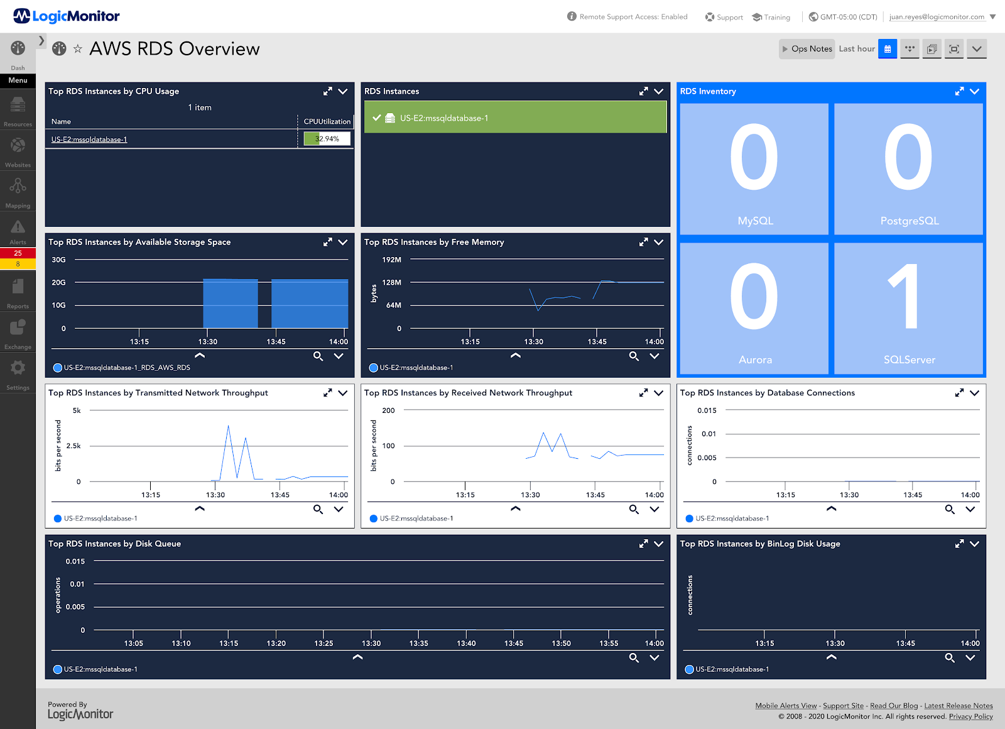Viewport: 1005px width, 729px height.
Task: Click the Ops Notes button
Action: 807,49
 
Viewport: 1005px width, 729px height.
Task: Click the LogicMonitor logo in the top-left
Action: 67,16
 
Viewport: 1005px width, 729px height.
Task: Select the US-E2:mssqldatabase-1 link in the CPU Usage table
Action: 89,140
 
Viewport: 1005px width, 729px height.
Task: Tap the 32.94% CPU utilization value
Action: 327,139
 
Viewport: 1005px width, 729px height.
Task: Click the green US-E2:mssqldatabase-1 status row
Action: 515,118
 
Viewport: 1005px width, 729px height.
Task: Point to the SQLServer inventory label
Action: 909,359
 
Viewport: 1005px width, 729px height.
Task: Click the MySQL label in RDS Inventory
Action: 755,221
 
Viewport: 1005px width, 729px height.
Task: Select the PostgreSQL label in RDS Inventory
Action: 909,221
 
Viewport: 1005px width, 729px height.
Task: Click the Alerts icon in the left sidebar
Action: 18,227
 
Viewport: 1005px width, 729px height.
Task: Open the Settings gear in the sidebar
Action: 18,368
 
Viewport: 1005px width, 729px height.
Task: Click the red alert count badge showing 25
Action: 18,253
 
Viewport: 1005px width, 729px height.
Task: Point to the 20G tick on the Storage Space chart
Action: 58,283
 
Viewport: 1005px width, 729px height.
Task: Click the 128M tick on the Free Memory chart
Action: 391,283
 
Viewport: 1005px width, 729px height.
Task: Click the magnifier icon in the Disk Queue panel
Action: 634,657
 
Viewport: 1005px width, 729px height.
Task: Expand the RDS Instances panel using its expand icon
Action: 643,91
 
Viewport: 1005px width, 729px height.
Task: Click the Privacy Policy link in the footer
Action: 970,716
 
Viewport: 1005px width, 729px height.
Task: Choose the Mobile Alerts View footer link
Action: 786,706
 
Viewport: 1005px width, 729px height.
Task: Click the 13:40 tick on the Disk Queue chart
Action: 466,644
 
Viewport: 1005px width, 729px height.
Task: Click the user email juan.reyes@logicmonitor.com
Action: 937,17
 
